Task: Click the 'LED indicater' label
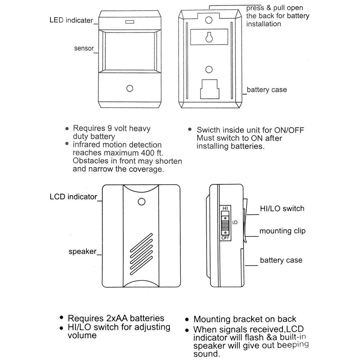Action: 71,21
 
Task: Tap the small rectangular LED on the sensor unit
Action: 129,22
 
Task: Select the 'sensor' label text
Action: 84,48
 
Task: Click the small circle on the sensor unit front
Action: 130,88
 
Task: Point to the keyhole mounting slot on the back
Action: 209,37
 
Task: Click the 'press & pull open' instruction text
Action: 275,8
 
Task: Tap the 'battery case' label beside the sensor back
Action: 267,90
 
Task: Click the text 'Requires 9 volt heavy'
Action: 112,129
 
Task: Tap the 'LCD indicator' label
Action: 73,197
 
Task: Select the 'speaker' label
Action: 82,251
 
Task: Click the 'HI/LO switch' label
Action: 282,208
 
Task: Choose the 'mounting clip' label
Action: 282,231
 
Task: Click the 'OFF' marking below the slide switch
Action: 225,238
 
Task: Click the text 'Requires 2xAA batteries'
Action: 116,318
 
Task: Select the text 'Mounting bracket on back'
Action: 245,319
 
